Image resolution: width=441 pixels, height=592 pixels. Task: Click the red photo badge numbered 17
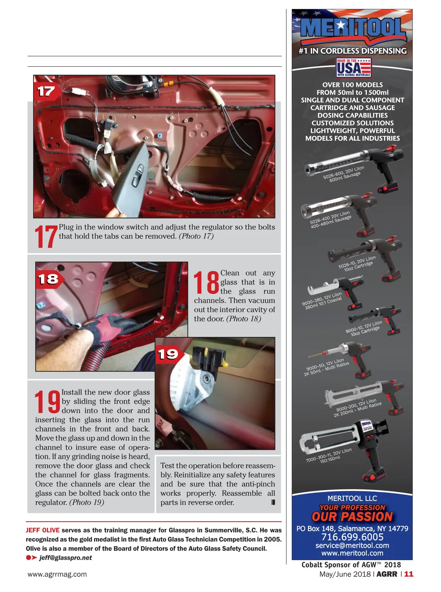pos(47,91)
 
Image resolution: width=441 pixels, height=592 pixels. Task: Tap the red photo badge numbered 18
pos(49,279)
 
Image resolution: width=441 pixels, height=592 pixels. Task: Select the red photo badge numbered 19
pos(169,355)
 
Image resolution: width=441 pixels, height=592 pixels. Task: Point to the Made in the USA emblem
pos(353,68)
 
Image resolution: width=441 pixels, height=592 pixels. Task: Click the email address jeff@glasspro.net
pos(65,558)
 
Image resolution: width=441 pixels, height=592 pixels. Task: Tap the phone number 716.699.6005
pos(352,537)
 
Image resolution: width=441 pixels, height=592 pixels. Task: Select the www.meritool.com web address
pos(352,553)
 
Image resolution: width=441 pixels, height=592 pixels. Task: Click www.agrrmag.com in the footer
pos(57,574)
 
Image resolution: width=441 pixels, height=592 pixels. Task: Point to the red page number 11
pos(409,574)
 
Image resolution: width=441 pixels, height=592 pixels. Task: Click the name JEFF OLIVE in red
pos(43,530)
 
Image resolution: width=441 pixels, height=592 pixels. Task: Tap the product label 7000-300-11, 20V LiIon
pos(329,455)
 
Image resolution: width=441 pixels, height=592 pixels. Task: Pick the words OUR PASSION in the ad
pos(352,517)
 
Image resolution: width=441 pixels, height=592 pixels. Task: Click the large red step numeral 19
pos(47,402)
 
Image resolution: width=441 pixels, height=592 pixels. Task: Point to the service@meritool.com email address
pos(352,545)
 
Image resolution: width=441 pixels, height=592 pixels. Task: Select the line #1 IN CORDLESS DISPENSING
pos(352,51)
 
